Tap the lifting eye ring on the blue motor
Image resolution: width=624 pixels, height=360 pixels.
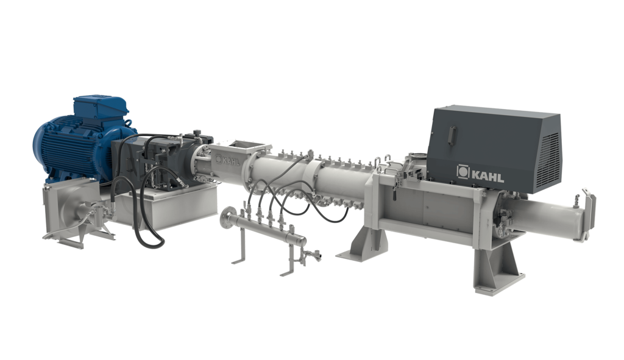tap(127, 122)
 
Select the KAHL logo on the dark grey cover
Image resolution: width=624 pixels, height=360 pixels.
tap(480, 173)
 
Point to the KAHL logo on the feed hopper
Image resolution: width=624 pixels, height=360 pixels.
tap(228, 160)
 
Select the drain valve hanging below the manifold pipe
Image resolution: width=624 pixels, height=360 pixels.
tap(310, 255)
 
